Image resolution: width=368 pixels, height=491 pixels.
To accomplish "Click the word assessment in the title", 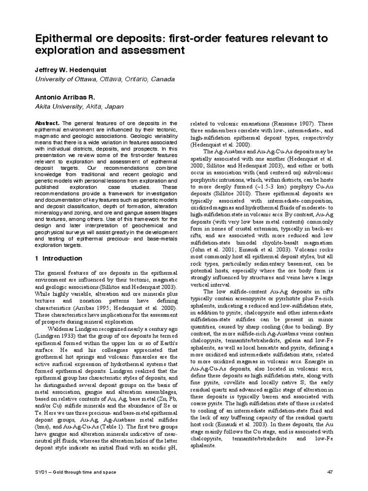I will (x=154, y=50).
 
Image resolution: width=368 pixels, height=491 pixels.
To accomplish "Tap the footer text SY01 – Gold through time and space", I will (x=74, y=472).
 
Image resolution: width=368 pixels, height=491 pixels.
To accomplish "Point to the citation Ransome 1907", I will (x=285, y=122).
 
